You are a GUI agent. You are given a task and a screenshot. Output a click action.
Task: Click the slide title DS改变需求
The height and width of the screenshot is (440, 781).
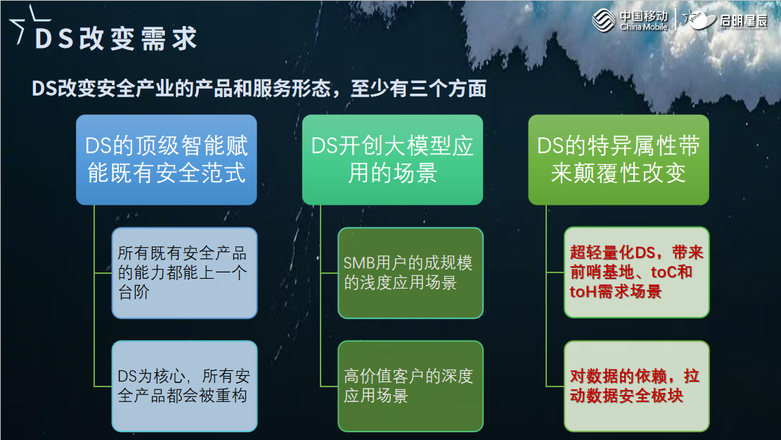click(x=116, y=39)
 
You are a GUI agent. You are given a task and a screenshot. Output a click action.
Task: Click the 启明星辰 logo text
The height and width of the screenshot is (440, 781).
click(x=742, y=20)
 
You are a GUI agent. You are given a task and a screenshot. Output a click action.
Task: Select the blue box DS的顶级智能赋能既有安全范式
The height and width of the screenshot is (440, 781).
click(x=167, y=160)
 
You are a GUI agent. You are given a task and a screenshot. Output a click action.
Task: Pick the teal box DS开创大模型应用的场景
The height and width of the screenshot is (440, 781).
click(x=392, y=160)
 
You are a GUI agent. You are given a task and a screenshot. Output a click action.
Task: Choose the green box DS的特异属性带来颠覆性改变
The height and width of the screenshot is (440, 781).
click(x=619, y=160)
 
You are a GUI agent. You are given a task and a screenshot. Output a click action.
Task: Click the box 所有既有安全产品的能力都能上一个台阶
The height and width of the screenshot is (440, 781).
click(x=184, y=272)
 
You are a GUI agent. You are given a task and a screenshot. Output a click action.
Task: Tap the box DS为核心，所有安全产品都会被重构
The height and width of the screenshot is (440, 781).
click(x=184, y=386)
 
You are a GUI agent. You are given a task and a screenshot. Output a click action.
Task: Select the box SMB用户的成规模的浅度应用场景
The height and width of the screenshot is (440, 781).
click(x=411, y=272)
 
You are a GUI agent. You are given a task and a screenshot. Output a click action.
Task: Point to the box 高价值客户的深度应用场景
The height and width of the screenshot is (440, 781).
click(x=411, y=386)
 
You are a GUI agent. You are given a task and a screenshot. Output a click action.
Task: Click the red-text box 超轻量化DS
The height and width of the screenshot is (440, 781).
click(x=636, y=272)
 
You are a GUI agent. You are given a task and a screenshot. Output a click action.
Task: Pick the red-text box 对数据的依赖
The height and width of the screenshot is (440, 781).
click(x=636, y=386)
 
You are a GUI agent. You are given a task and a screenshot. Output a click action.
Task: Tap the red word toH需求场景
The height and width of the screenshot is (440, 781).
click(x=615, y=291)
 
